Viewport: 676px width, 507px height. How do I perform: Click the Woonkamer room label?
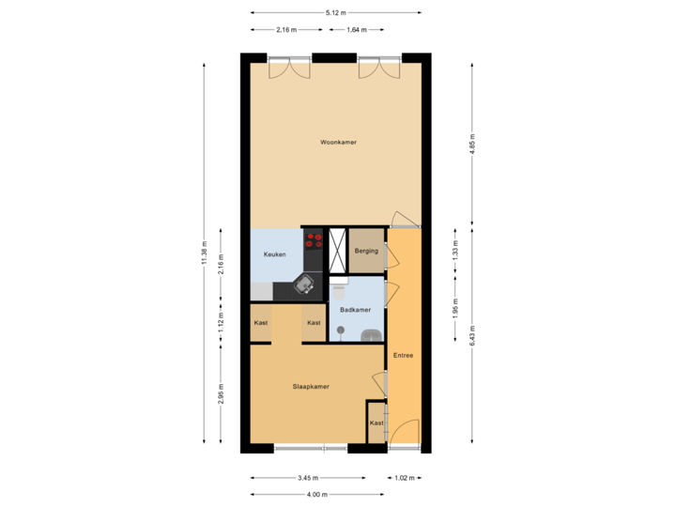tap(338, 143)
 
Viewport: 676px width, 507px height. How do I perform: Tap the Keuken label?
tap(274, 254)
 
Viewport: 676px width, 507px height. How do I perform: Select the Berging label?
tap(366, 251)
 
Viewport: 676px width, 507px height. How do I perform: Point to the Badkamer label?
tap(355, 310)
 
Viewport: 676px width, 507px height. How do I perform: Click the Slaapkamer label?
tap(310, 386)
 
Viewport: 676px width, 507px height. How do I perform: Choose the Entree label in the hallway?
tap(403, 356)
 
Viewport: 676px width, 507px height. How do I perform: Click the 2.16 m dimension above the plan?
tap(286, 30)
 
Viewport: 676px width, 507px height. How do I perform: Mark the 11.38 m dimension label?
tap(204, 253)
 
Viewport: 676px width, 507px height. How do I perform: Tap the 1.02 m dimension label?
tap(403, 478)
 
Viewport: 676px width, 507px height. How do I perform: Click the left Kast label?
tap(261, 323)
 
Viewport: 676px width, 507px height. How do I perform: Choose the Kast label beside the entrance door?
tap(376, 423)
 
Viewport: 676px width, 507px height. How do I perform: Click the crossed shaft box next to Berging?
tap(338, 251)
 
